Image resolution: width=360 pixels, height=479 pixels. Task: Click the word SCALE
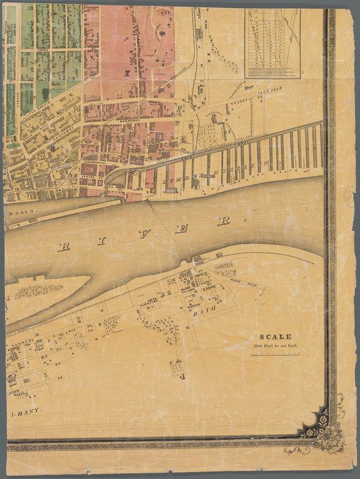tap(276, 337)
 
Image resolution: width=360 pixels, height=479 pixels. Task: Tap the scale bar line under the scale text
tap(276, 355)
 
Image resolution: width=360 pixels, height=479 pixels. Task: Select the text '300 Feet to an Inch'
tap(275, 346)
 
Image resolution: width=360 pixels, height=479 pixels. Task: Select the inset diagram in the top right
tap(272, 42)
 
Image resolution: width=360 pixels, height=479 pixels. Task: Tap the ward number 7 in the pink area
tap(127, 74)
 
